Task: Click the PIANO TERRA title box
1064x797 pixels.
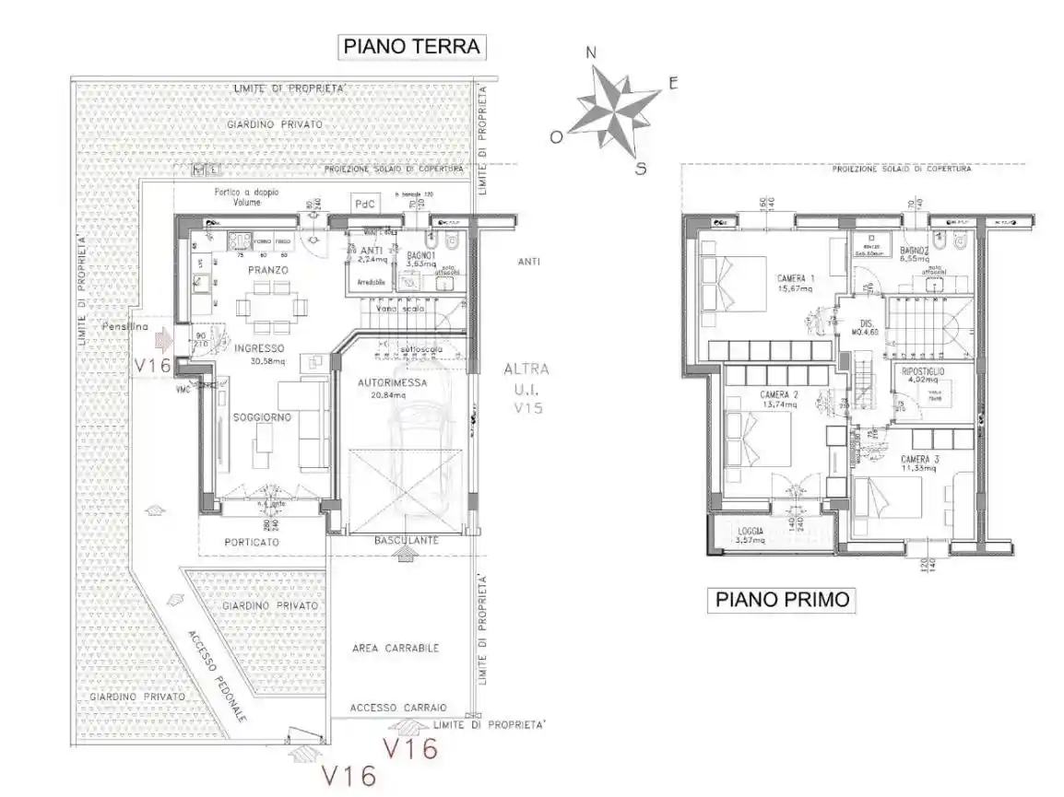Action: (x=412, y=46)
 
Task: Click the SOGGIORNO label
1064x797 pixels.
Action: (x=262, y=417)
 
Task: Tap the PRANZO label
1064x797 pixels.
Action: (x=267, y=270)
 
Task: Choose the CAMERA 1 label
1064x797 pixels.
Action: (x=795, y=279)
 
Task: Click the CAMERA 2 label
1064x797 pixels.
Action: (x=779, y=395)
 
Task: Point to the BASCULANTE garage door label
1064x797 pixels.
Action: (x=406, y=540)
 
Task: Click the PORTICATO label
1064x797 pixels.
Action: (x=252, y=543)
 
